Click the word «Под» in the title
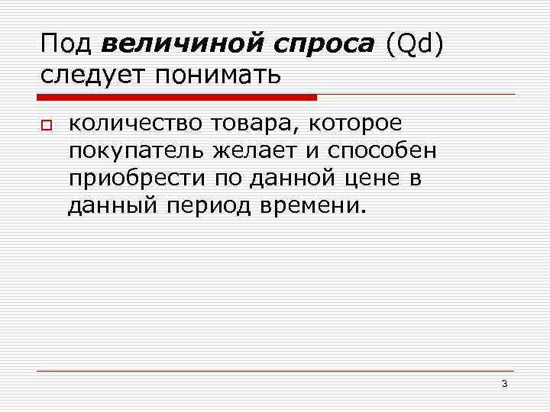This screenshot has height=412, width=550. click(66, 45)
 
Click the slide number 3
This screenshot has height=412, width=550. click(505, 384)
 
